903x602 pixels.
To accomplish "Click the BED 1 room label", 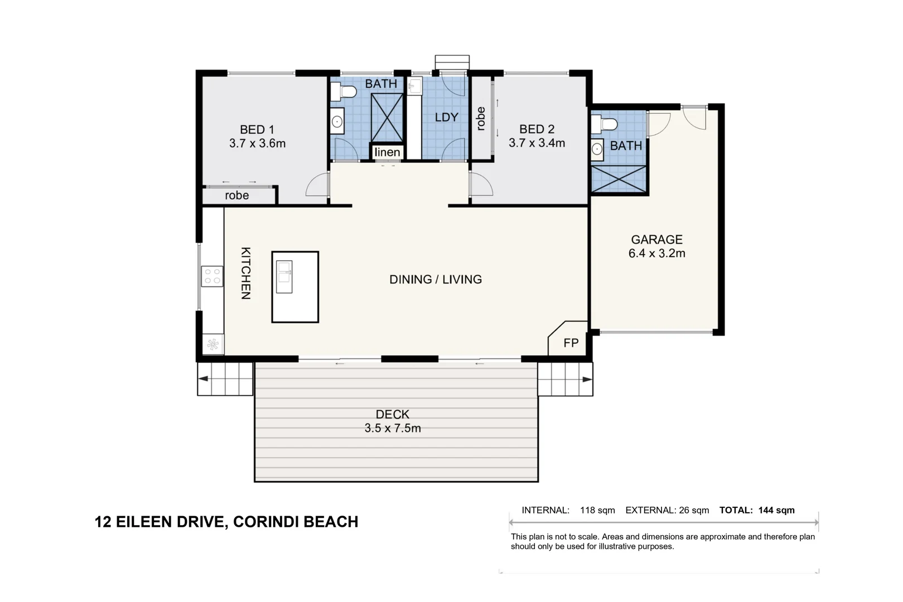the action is (x=257, y=130).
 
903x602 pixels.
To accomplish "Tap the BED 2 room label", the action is (x=537, y=129).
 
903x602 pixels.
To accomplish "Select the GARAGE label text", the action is (x=656, y=240).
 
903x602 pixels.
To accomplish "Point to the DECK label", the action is (x=392, y=414).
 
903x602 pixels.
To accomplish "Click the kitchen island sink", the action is (x=284, y=276).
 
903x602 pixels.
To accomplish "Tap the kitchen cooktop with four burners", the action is (x=212, y=276).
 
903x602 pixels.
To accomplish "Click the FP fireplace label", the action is (x=571, y=343).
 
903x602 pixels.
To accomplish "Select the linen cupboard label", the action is (x=387, y=152).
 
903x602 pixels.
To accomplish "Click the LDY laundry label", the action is (x=447, y=117).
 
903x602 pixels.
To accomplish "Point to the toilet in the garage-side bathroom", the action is (x=604, y=124).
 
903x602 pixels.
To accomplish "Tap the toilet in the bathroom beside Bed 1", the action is (x=343, y=91).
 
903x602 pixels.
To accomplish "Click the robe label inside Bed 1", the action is (x=236, y=196).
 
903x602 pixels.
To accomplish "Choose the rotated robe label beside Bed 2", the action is (x=481, y=119).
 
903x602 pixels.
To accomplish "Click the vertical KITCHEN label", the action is (x=245, y=273).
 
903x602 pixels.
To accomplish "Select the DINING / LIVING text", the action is (x=436, y=279).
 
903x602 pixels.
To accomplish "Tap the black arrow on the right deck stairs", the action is (x=587, y=380).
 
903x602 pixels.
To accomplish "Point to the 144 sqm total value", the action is (x=776, y=510).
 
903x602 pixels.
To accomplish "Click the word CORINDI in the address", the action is (x=266, y=522).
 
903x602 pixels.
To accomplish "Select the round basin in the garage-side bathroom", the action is (x=597, y=149).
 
